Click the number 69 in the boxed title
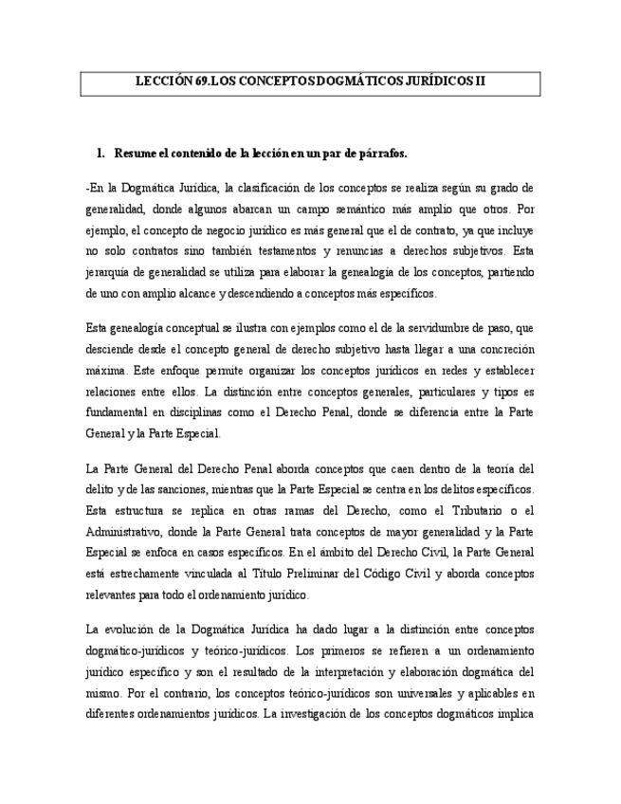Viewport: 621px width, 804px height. point(201,82)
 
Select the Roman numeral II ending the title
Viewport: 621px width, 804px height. point(479,82)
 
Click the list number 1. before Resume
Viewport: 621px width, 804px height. point(100,153)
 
